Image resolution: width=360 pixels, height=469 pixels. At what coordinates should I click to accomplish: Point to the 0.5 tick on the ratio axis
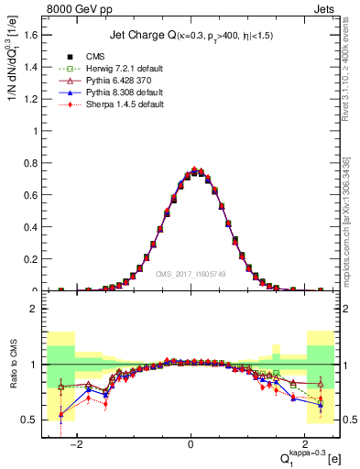[x=30, y=420]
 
